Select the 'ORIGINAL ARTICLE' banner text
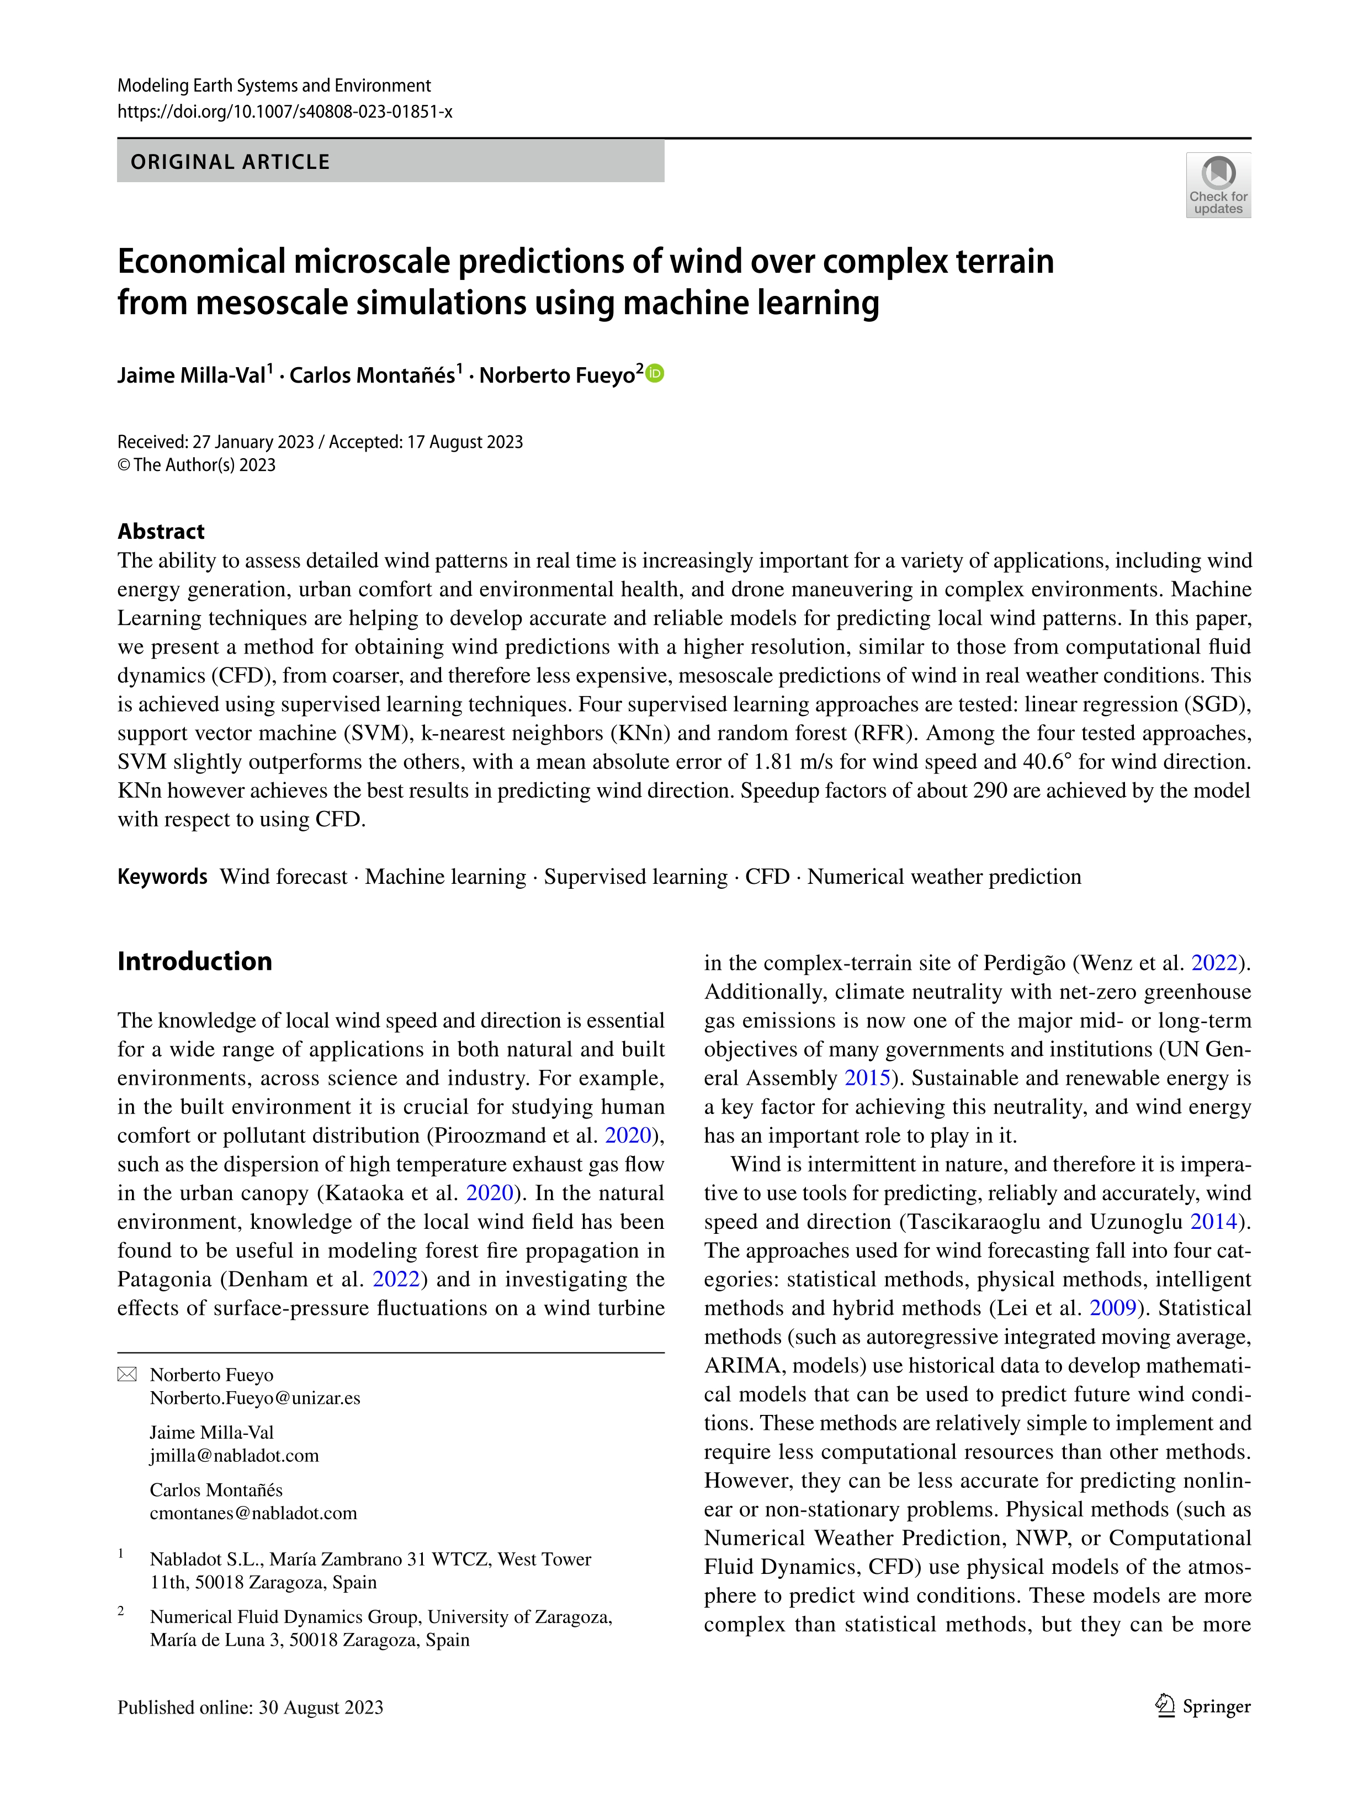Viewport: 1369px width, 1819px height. click(230, 162)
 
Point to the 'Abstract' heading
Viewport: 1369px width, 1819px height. click(161, 531)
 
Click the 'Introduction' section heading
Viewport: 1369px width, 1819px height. click(195, 961)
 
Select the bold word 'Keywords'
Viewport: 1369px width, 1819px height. click(162, 877)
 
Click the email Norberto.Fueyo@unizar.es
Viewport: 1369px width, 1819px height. click(255, 1398)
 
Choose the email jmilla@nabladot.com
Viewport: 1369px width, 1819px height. click(235, 1456)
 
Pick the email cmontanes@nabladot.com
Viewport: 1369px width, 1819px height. click(253, 1513)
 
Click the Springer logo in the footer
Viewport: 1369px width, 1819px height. click(1202, 1707)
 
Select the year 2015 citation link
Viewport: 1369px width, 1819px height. click(867, 1078)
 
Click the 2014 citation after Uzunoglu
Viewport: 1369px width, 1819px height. click(1213, 1222)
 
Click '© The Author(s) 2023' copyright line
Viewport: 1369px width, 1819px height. click(197, 465)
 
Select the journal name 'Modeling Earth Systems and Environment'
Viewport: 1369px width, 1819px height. click(274, 86)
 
